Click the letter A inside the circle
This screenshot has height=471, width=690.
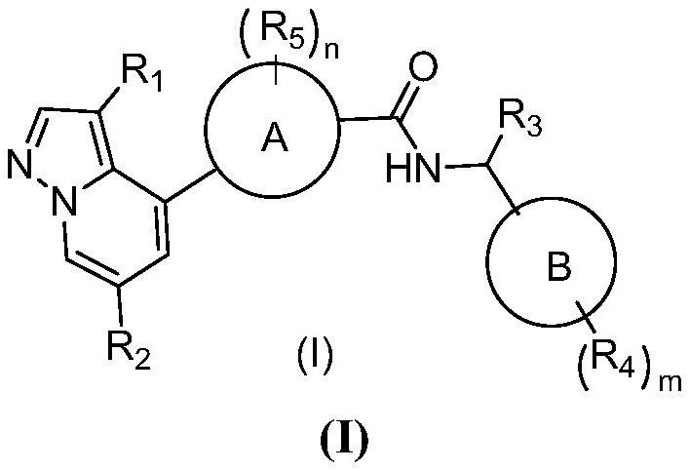[x=274, y=141]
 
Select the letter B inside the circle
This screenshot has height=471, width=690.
[x=556, y=269]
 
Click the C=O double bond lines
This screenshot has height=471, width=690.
[x=409, y=98]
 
